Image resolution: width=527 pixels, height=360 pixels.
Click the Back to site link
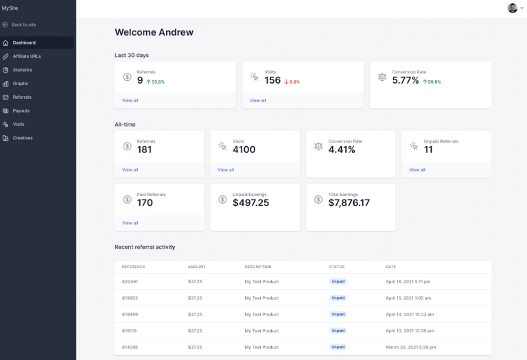click(24, 25)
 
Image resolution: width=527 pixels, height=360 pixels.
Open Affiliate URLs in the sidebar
click(27, 56)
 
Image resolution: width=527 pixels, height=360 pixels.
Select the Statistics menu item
click(22, 70)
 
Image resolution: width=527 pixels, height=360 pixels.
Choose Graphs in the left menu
click(21, 84)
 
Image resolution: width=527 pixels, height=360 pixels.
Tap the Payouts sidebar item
click(21, 110)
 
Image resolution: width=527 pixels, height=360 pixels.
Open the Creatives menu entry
click(23, 138)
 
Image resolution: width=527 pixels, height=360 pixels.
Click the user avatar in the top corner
click(512, 8)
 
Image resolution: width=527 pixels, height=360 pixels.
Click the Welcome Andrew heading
click(154, 32)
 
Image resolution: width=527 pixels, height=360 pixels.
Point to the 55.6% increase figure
click(157, 82)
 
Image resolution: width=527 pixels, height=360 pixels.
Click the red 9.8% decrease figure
click(293, 82)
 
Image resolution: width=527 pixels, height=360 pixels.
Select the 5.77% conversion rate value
click(406, 80)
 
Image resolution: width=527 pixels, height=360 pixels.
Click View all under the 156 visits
click(257, 101)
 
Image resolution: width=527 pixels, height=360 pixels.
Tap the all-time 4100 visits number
click(244, 149)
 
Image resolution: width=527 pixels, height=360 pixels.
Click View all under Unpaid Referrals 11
click(417, 170)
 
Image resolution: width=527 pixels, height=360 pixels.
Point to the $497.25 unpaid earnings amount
click(251, 203)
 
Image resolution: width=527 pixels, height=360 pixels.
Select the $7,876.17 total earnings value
click(349, 203)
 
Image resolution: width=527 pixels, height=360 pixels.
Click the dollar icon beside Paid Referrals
click(127, 200)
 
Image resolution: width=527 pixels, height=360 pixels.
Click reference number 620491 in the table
click(130, 282)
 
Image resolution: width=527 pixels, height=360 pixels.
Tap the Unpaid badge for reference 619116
click(338, 331)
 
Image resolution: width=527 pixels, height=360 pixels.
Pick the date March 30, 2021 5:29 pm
click(410, 347)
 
